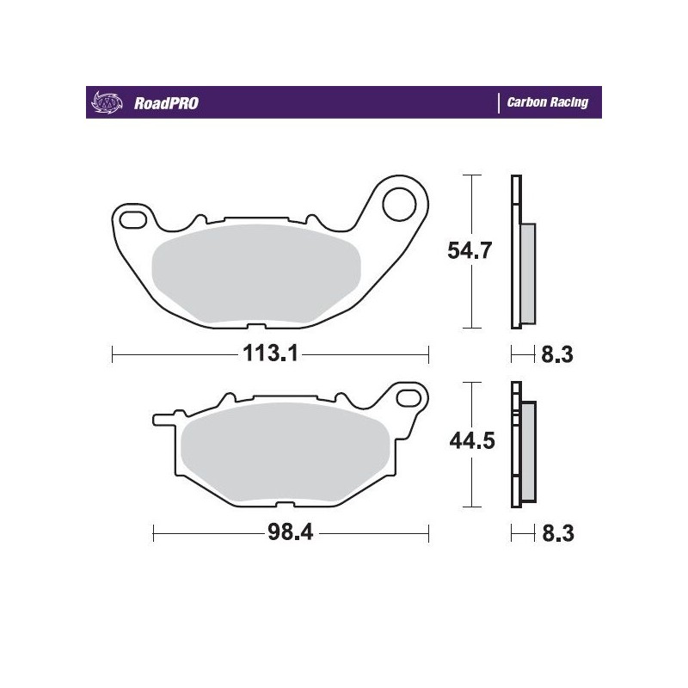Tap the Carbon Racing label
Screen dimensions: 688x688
[547, 102]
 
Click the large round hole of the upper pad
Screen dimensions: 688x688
[401, 204]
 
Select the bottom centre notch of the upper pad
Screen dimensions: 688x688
[255, 326]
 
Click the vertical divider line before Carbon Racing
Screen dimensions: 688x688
[499, 102]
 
